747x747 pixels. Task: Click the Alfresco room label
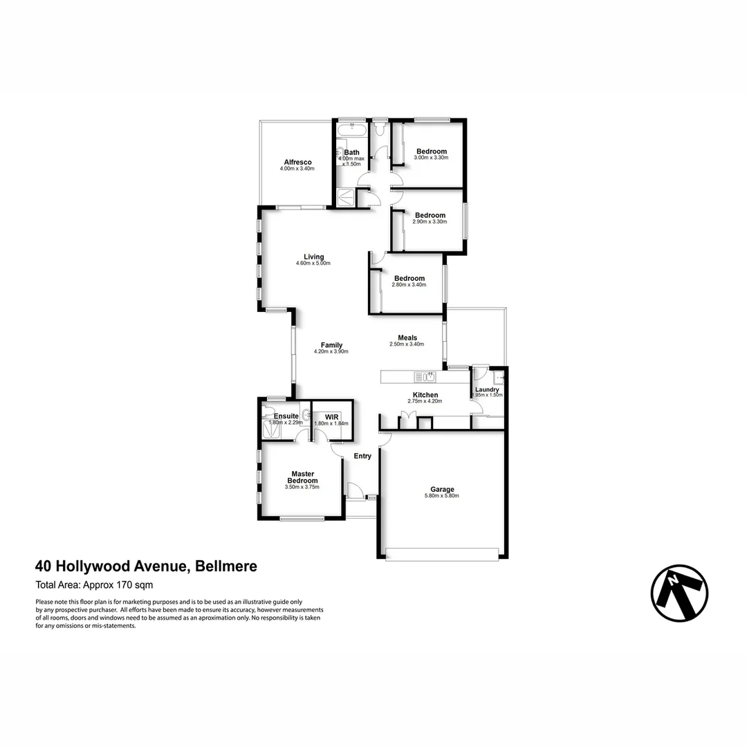297,163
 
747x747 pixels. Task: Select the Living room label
313,257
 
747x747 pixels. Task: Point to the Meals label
407,338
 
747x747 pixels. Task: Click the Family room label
331,345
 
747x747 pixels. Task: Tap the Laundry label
487,389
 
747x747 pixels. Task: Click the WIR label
331,417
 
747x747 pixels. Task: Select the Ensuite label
286,416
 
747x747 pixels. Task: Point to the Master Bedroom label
302,477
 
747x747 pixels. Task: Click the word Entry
362,456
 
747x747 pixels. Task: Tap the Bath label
352,152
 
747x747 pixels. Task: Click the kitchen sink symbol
424,376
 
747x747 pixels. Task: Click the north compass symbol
679,593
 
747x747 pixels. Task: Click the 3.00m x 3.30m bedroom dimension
431,158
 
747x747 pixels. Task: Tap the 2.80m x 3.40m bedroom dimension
409,284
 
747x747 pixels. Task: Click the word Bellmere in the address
226,566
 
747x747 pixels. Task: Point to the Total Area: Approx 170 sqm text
95,585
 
